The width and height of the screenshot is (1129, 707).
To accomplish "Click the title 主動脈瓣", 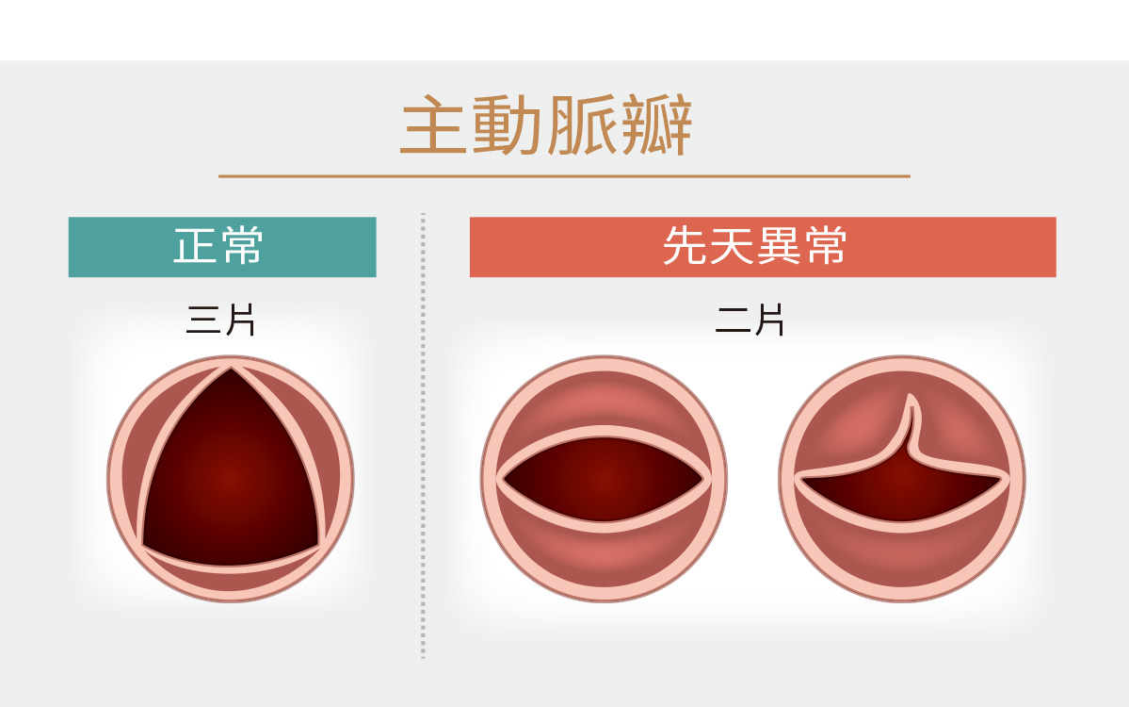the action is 546,124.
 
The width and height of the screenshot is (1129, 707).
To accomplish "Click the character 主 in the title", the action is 432,124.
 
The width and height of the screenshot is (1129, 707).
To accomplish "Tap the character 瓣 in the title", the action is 656,124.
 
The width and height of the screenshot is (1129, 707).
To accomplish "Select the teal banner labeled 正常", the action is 222,246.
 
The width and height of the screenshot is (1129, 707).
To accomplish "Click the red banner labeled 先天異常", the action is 763,246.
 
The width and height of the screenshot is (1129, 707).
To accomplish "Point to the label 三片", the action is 220,320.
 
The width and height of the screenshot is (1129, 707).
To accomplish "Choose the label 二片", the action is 750,320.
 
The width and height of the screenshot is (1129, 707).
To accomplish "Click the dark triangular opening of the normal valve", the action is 231,476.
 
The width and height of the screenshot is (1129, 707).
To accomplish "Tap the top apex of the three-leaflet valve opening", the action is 231,369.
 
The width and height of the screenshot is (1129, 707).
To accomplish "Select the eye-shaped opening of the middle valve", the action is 604,479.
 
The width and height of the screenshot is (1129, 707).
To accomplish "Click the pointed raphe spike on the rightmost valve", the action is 912,421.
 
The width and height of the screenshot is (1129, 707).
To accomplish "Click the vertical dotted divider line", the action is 423,436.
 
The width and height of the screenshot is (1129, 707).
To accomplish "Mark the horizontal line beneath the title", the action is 565,176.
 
